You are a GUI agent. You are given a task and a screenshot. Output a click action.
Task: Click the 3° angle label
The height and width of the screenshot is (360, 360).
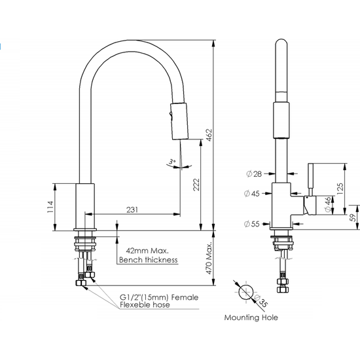coord(171,160)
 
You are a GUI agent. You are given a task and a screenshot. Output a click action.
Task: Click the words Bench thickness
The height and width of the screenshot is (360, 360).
coord(148,260)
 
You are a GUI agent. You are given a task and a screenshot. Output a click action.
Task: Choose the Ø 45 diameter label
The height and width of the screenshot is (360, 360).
coord(253,193)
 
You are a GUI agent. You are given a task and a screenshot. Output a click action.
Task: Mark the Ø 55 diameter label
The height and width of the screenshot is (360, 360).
coord(253,224)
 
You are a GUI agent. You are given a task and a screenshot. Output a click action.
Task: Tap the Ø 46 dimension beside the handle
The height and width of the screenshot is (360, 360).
coord(327,204)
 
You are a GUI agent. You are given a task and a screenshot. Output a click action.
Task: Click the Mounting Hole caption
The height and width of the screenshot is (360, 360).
coord(251,317)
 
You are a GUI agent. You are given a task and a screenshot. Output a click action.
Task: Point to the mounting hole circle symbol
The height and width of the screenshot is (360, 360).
coord(246,292)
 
